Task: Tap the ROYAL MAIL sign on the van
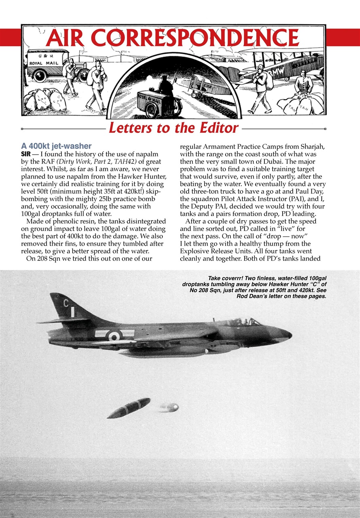point(43,63)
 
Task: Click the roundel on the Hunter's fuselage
point(115,335)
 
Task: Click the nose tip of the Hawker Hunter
point(291,334)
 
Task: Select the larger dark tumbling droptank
point(129,408)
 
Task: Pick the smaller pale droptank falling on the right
point(169,407)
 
